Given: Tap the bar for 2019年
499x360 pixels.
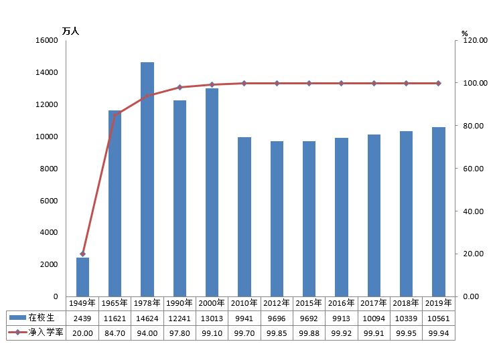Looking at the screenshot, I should click(x=438, y=211).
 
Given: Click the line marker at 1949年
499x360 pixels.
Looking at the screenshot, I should click(x=83, y=254).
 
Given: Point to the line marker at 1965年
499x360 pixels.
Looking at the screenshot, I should click(x=115, y=116).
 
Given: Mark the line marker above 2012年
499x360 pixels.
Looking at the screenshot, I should click(x=277, y=83).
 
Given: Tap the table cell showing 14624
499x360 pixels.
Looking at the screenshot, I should click(x=147, y=317).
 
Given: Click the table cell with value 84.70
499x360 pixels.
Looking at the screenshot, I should click(x=115, y=332).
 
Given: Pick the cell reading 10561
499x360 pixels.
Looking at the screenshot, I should click(x=438, y=317).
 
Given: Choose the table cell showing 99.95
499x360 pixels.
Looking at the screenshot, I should click(x=406, y=332).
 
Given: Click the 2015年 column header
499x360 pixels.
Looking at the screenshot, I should click(x=309, y=302).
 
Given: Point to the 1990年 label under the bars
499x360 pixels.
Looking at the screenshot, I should click(x=180, y=302).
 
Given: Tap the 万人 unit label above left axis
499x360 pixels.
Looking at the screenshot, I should click(x=70, y=31).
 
